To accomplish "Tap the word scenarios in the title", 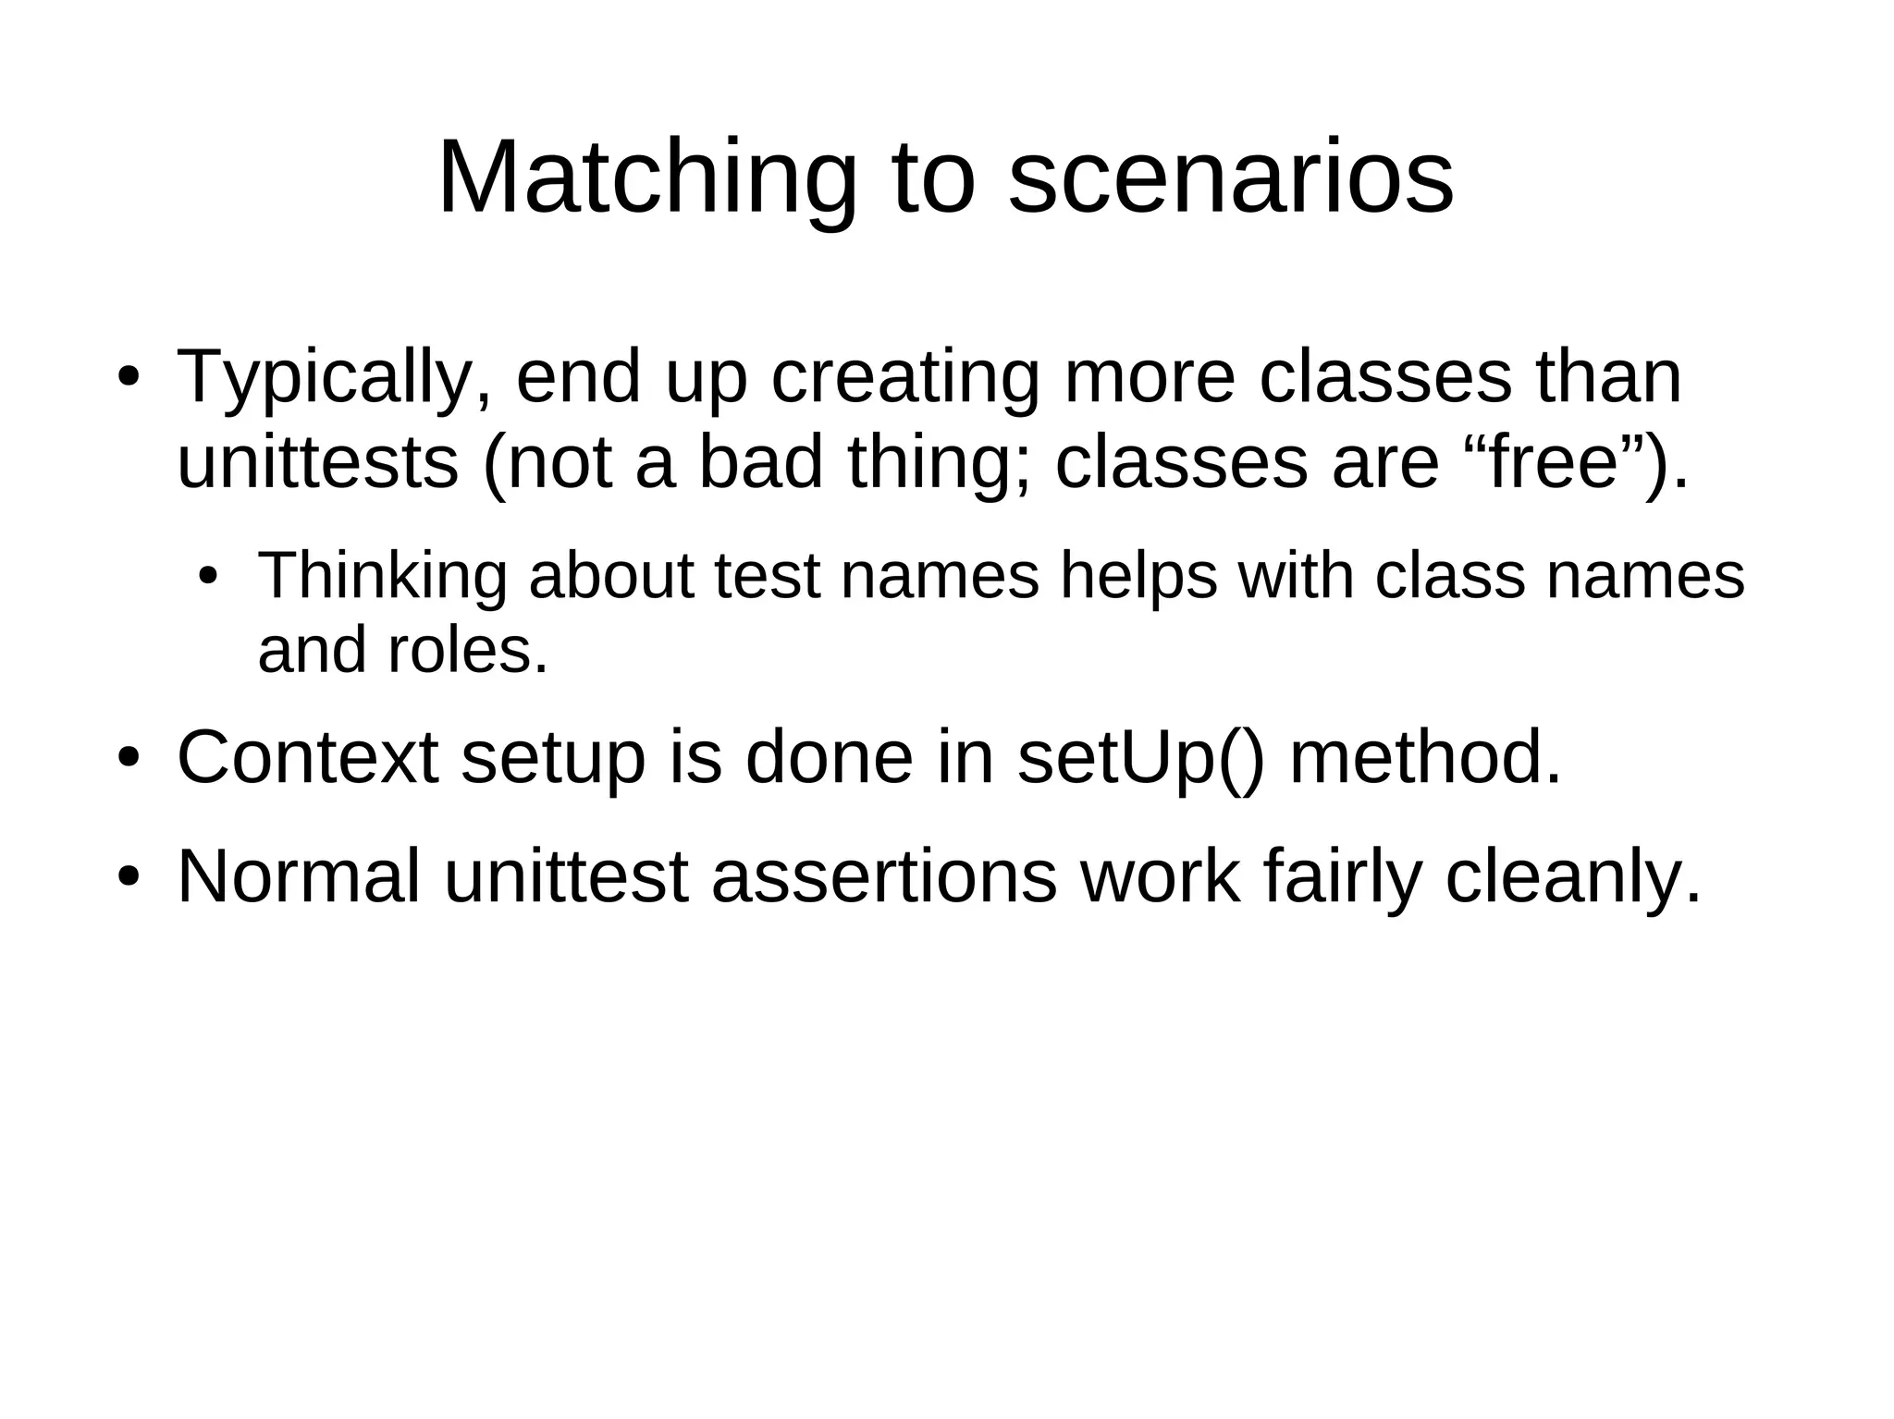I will tap(1230, 177).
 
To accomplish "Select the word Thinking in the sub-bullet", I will tap(382, 575).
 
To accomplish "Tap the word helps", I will tap(1138, 575).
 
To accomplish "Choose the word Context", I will tap(307, 758).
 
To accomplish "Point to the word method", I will tap(1425, 758).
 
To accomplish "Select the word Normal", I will tap(298, 875).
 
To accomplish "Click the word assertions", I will tap(884, 875).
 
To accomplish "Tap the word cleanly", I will tap(1572, 875).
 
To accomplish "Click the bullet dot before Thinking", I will tap(208, 576).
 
